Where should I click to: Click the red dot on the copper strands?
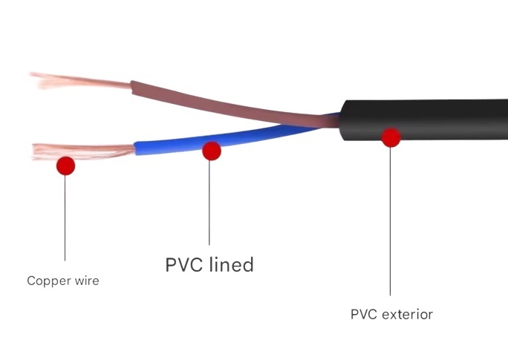click(65, 166)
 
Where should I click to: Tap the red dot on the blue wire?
click(212, 151)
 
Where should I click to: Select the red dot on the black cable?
click(391, 137)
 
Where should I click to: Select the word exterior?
click(407, 314)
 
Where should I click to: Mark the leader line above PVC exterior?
click(391, 223)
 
